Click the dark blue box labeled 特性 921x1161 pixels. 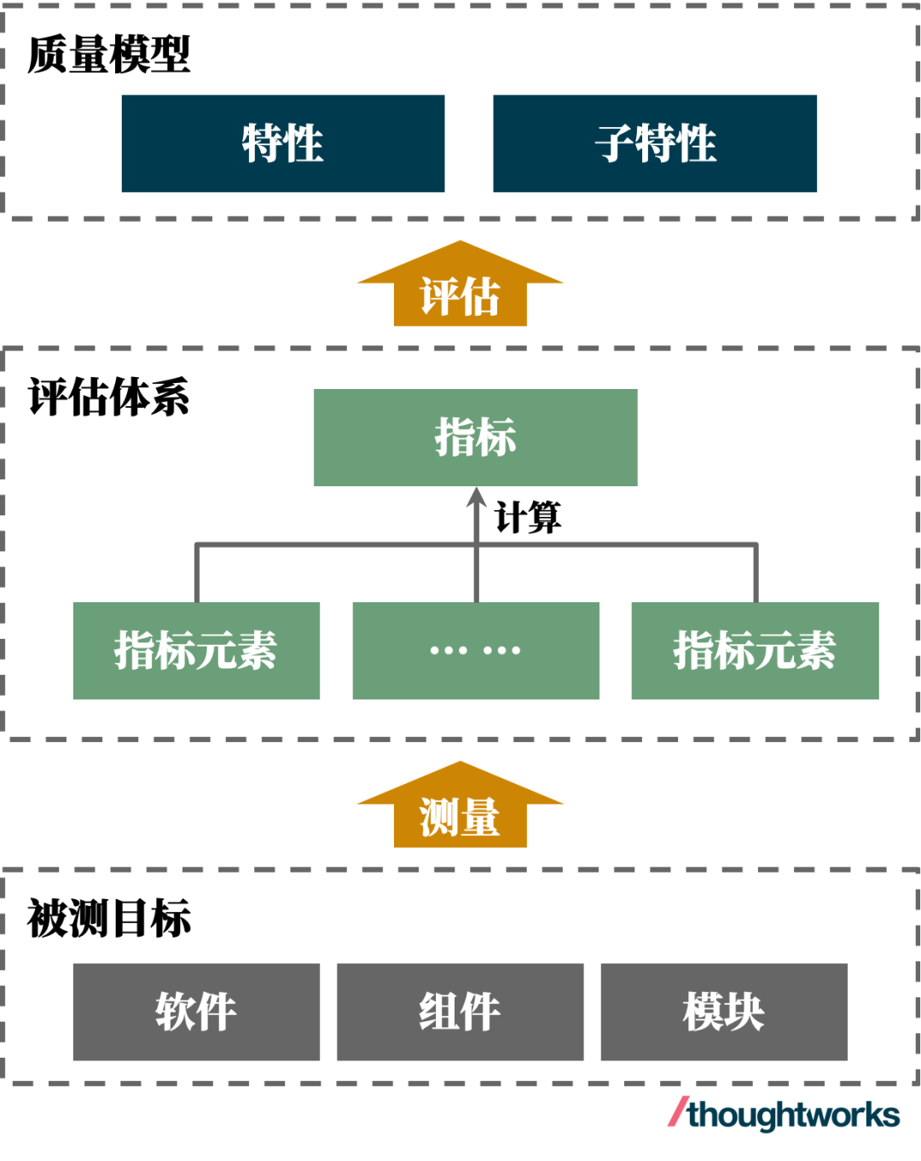282,143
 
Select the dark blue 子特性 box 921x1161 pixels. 654,143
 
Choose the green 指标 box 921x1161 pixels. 475,438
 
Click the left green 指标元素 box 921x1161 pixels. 196,650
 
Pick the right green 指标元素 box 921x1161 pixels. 754,650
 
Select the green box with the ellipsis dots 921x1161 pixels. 475,650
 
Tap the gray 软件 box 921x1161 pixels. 196,1012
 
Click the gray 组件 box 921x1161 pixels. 460,1012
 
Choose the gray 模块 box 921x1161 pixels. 723,1012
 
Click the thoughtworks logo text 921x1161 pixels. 794,1114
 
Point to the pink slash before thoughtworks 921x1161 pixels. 678,1111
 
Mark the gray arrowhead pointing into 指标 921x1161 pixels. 476,497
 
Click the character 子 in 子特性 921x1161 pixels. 615,143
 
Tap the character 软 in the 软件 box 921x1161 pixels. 175,1012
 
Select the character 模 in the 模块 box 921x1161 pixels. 703,1012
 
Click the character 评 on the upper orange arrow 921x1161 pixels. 439,297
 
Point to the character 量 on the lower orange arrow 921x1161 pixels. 480,817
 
